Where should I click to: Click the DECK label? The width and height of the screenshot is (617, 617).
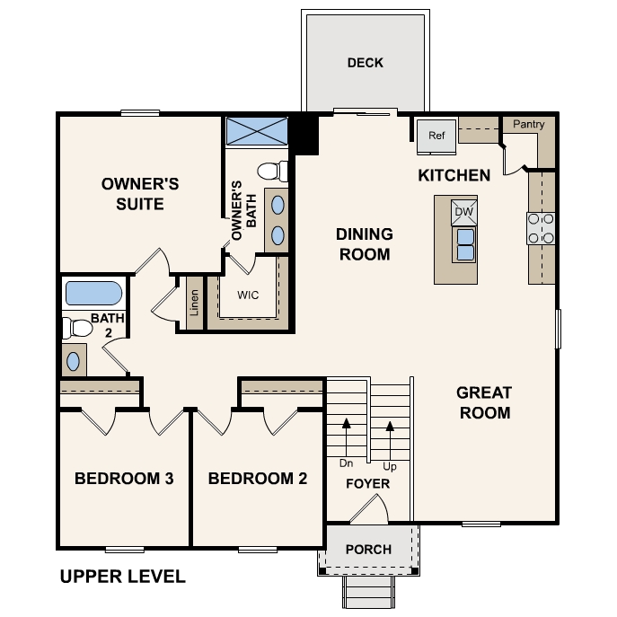click(365, 62)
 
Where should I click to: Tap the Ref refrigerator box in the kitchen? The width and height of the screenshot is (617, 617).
click(436, 136)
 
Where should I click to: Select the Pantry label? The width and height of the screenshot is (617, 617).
click(528, 125)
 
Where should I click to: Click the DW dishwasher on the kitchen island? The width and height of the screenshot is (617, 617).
click(463, 212)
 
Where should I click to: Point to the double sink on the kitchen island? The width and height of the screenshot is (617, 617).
click(465, 244)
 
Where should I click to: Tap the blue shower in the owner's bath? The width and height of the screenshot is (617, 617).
click(256, 130)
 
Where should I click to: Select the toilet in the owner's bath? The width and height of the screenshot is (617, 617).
click(272, 170)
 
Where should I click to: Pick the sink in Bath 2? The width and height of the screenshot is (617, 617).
click(74, 361)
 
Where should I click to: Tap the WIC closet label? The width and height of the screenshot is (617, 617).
click(249, 295)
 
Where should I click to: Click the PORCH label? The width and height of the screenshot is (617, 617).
click(368, 550)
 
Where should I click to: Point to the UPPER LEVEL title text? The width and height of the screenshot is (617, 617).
click(122, 577)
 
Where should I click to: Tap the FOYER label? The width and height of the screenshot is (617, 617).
click(368, 484)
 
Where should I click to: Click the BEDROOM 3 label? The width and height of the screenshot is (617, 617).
click(124, 479)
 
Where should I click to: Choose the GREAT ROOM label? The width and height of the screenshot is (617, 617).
click(483, 402)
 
